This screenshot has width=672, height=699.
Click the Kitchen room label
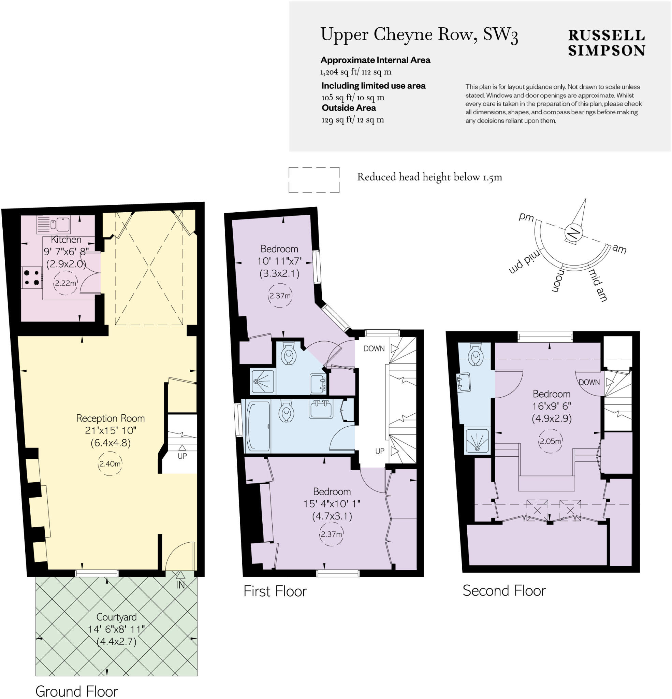66,239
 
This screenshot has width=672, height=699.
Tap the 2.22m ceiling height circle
65,283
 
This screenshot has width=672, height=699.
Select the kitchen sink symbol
54,224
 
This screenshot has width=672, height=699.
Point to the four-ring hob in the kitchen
31,278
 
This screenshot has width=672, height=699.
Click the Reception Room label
111,418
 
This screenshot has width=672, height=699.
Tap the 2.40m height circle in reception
110,464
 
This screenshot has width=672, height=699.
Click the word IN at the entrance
180,585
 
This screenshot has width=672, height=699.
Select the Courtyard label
116,617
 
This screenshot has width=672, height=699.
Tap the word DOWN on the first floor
374,348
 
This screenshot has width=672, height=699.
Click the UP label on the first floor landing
380,451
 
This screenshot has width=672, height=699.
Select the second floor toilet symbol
475,354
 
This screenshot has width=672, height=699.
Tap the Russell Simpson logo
606,43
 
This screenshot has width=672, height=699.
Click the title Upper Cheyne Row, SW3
419,35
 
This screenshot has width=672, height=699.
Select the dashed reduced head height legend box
314,180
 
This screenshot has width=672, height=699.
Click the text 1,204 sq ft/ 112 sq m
355,72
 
